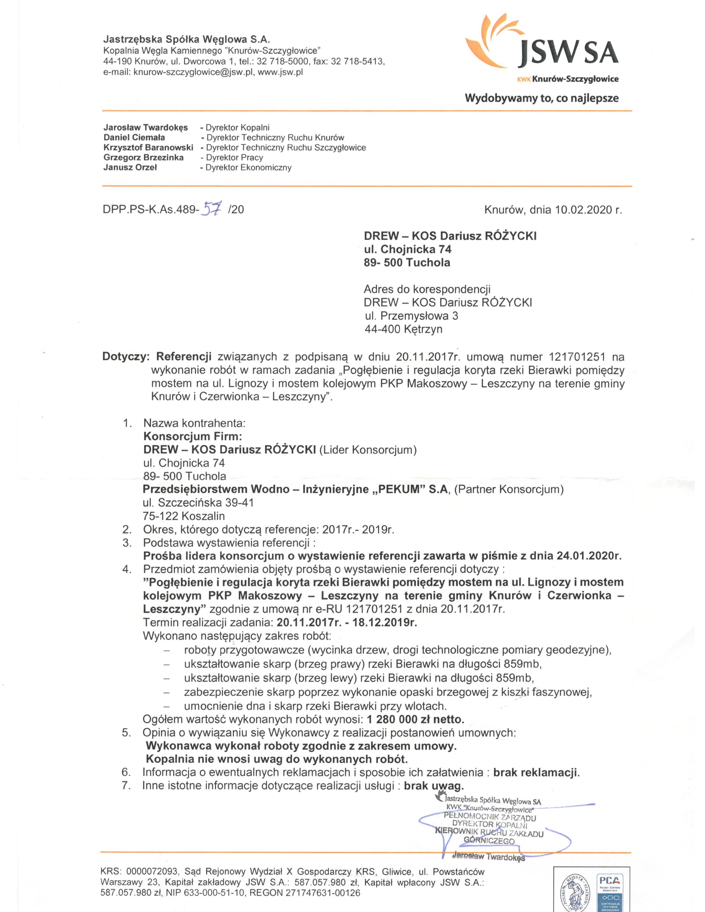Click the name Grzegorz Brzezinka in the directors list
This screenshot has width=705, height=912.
pos(143,158)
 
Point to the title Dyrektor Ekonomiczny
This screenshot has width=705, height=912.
pos(249,167)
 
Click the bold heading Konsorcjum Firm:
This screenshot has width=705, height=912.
pos(192,436)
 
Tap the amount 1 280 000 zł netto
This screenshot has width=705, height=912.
pos(415,719)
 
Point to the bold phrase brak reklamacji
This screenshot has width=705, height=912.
pos(536,772)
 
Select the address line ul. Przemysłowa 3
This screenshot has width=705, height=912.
pos(411,316)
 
